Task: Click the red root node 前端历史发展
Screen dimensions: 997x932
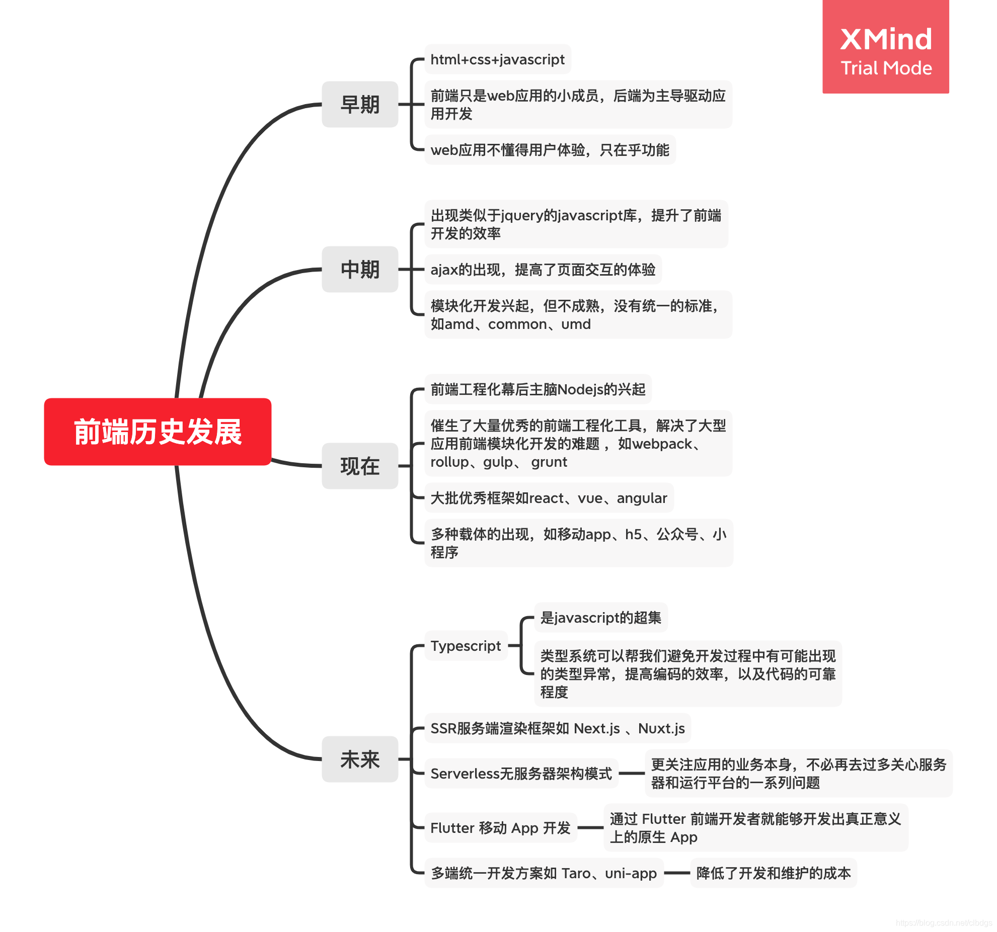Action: pos(158,432)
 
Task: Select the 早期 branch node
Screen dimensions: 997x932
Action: pos(360,105)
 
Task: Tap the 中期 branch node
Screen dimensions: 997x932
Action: pos(360,270)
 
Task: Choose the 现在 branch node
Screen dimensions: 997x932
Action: pos(360,466)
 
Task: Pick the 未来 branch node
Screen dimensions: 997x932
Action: pos(360,759)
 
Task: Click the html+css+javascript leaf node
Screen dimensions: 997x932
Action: pos(497,59)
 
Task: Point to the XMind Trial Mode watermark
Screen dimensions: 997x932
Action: pos(886,50)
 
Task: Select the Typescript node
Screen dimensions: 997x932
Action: pos(466,646)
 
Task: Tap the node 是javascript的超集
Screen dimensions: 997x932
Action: pos(600,618)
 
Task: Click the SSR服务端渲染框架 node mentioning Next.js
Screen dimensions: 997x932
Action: pos(557,728)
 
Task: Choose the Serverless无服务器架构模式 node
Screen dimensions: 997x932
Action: pos(521,774)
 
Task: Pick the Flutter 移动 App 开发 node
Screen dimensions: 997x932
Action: pos(500,828)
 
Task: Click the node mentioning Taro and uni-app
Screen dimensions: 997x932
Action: pos(544,873)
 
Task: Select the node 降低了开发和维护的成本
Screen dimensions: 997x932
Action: pos(773,873)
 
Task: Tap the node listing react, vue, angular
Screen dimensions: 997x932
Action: pos(549,498)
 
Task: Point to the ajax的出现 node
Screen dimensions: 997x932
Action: pos(543,270)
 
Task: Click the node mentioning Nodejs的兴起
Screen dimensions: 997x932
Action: pos(538,389)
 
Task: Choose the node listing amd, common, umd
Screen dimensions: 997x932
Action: pos(578,315)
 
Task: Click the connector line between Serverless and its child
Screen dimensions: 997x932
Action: pos(632,774)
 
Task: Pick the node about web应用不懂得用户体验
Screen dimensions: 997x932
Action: pos(550,150)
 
